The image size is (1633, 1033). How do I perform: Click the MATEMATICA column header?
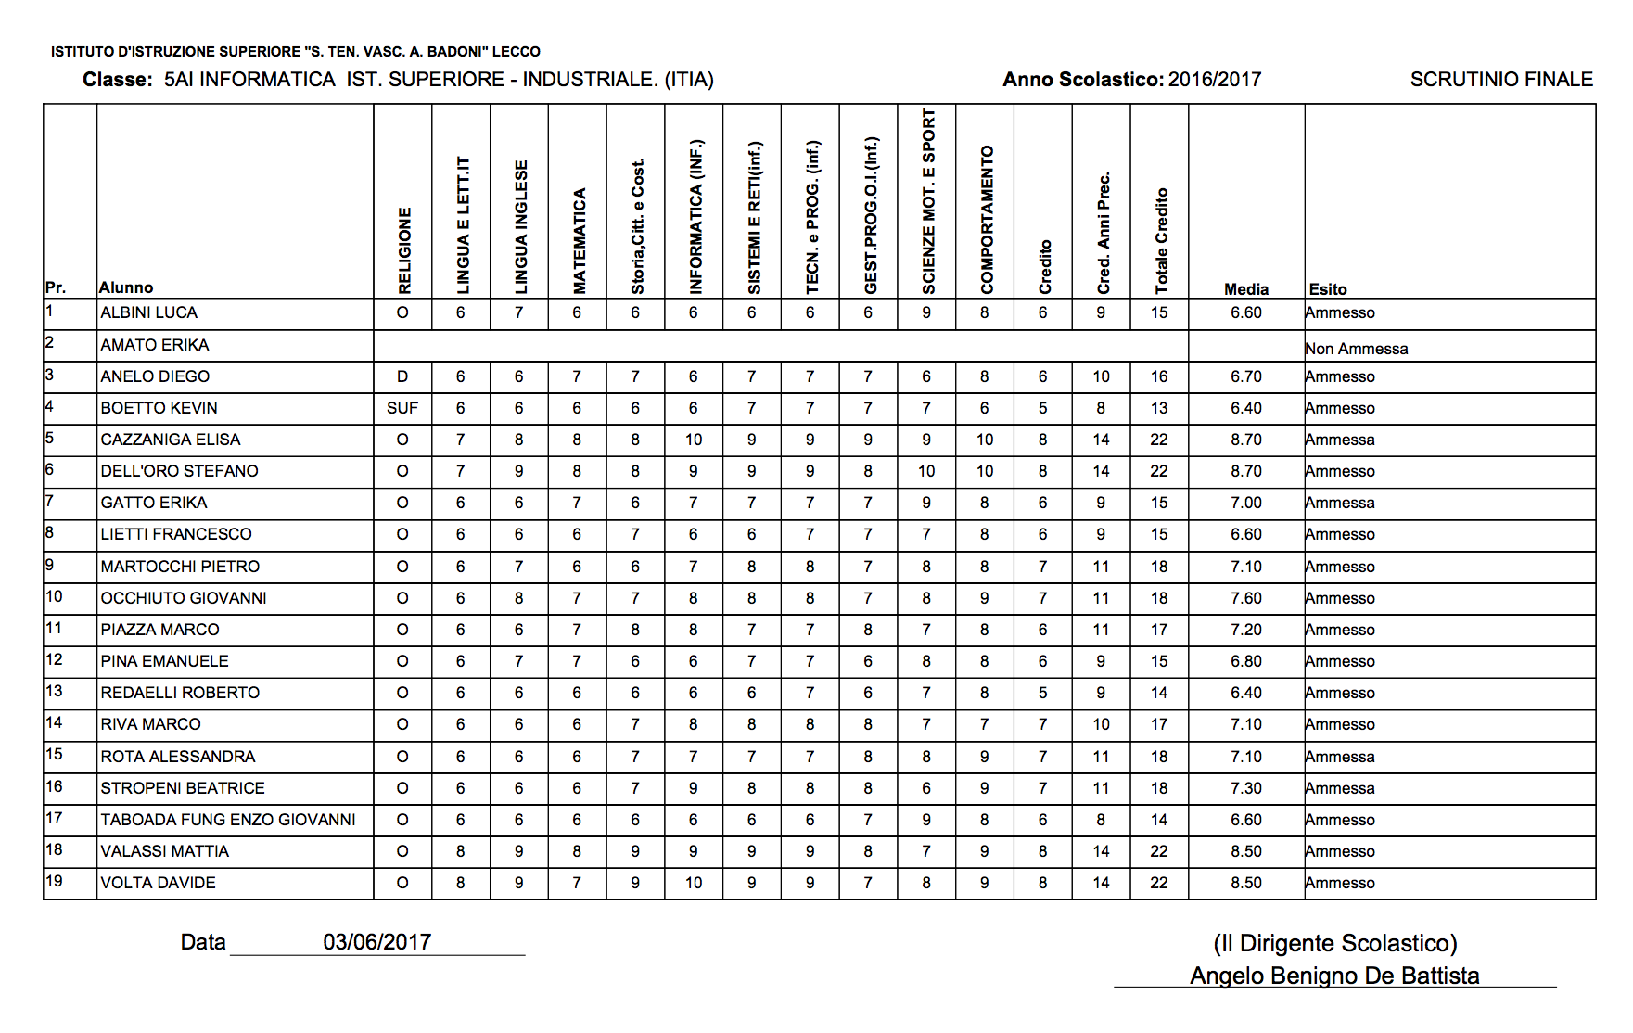click(580, 241)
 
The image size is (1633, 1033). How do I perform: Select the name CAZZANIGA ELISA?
click(171, 440)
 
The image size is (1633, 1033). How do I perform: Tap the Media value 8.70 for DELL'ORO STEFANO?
click(1245, 471)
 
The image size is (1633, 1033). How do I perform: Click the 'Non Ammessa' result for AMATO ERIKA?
click(1356, 349)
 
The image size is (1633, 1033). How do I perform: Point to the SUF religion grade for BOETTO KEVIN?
click(402, 408)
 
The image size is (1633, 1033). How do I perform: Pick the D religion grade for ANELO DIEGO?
click(402, 376)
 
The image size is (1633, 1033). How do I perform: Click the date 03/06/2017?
click(376, 942)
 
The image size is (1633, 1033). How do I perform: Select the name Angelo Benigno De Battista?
click(1334, 976)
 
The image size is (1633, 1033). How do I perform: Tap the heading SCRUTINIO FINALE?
click(1501, 80)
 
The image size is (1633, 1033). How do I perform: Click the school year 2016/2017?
click(1215, 80)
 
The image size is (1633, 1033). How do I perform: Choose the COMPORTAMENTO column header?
click(987, 220)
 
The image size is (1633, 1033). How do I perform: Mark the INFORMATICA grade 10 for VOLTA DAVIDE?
click(694, 883)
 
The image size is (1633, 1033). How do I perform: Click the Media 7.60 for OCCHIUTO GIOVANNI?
click(1245, 598)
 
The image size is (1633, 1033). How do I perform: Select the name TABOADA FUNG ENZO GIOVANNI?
click(228, 820)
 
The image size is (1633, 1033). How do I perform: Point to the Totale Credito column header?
click(1161, 241)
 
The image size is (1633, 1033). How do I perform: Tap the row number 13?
click(54, 692)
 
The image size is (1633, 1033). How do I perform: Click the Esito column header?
click(1328, 289)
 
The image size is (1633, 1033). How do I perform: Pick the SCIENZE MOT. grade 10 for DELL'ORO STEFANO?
click(926, 471)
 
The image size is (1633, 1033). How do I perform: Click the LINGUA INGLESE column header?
click(521, 227)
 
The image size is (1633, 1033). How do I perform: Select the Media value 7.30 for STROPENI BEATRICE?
click(1245, 788)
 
